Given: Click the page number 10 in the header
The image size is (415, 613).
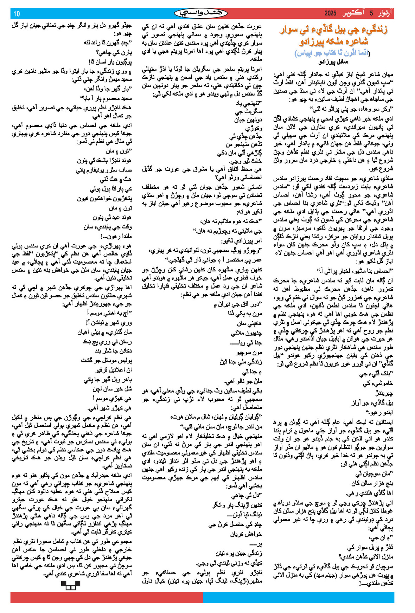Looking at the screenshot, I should click(17, 14).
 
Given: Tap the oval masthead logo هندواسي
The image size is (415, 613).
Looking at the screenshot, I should click(200, 13).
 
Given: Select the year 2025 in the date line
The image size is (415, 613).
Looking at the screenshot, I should click(330, 14).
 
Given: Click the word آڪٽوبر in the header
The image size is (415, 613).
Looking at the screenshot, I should click(353, 14).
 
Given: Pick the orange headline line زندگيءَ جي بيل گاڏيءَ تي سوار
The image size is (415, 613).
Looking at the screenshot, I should click(333, 30).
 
